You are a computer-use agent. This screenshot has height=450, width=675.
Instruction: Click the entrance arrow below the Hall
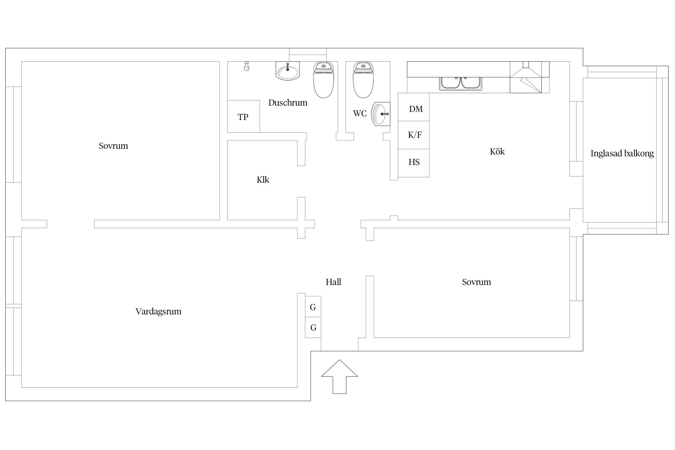coord(339,376)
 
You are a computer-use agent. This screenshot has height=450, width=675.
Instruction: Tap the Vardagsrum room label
coord(158,311)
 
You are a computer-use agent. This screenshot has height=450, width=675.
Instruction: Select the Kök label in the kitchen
coord(497,151)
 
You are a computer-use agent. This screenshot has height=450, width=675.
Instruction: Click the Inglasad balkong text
coord(622,153)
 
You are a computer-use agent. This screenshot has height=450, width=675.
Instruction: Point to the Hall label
coord(333,282)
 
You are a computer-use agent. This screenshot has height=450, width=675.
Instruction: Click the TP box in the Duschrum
coord(243,116)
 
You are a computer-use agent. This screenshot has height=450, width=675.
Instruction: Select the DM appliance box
coord(414,107)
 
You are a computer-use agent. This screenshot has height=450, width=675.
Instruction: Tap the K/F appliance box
coord(414,135)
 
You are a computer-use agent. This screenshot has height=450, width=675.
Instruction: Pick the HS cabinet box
coord(414,163)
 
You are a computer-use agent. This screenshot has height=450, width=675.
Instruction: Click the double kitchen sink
coord(461,83)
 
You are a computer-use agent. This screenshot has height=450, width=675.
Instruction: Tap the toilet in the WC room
coord(363,80)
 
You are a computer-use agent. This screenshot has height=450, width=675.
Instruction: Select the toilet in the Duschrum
coord(323,80)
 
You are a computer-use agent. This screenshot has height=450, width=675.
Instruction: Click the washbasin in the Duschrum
coord(288,71)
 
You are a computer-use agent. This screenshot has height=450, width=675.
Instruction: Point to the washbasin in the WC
coord(381,114)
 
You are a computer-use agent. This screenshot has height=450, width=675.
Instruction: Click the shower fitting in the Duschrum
coord(247,66)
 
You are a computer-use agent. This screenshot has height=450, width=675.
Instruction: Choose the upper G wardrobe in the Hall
coord(313,307)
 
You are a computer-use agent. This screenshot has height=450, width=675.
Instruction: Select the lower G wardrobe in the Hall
coord(313,327)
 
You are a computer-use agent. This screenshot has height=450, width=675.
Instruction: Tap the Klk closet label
coord(263,180)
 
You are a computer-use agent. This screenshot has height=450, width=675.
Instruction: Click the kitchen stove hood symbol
coord(526,77)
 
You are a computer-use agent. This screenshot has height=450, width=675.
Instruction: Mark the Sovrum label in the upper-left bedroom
coord(113,146)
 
